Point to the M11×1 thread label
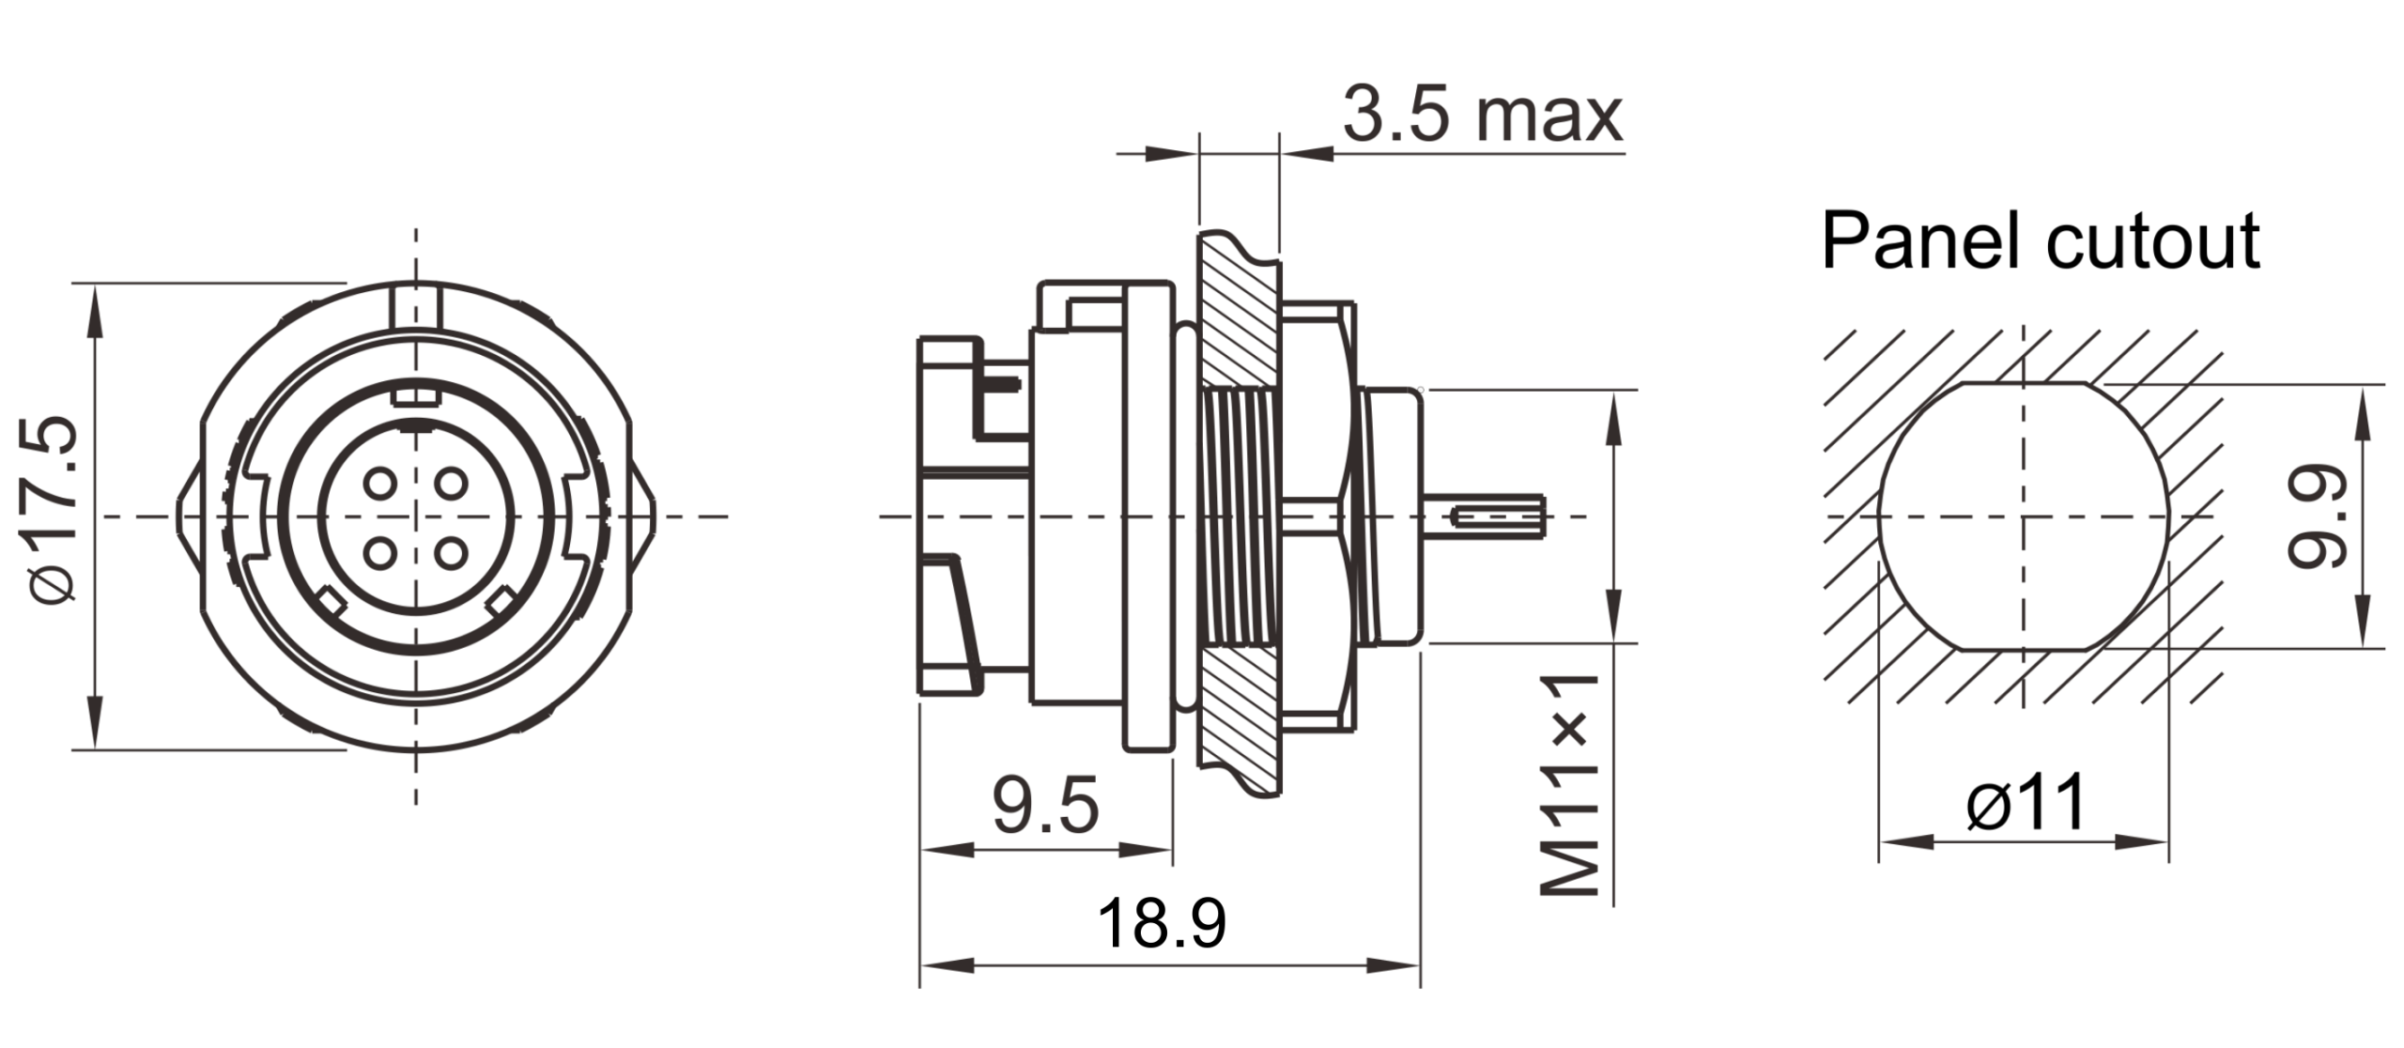click(1569, 783)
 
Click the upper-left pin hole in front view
click(380, 484)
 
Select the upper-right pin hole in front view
click(453, 484)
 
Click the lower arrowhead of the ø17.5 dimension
click(94, 723)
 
